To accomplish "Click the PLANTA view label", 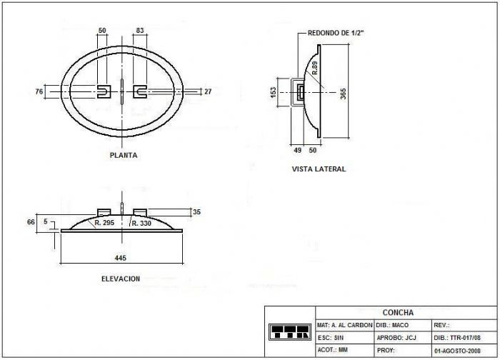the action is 124,155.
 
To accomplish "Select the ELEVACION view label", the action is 121,279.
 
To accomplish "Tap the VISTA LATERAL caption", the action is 319,169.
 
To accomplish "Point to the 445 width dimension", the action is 121,258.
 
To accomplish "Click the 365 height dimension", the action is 343,94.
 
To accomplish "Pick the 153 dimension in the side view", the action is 274,93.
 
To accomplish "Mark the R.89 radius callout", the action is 315,68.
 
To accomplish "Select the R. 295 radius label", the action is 104,223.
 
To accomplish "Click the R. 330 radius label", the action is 141,224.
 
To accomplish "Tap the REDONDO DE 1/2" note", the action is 336,33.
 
